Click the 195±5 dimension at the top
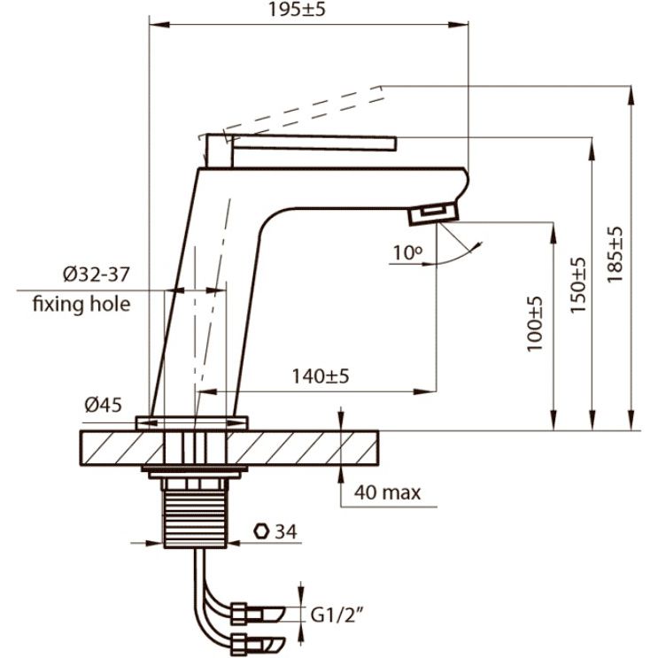point(297,9)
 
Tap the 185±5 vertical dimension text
point(615,255)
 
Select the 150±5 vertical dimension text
point(577,285)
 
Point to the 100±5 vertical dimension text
point(535,324)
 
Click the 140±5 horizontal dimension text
point(321,376)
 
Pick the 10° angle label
point(408,252)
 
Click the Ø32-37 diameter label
point(97,275)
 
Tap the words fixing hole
point(81,304)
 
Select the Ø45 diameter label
point(104,405)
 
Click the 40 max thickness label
point(387,492)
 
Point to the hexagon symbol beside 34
point(261,531)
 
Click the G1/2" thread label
point(336,615)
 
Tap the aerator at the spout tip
point(433,214)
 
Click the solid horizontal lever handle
point(314,143)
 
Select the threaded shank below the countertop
point(195,518)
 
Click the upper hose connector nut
point(239,614)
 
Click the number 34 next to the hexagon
point(286,531)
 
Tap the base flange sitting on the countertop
point(192,423)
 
